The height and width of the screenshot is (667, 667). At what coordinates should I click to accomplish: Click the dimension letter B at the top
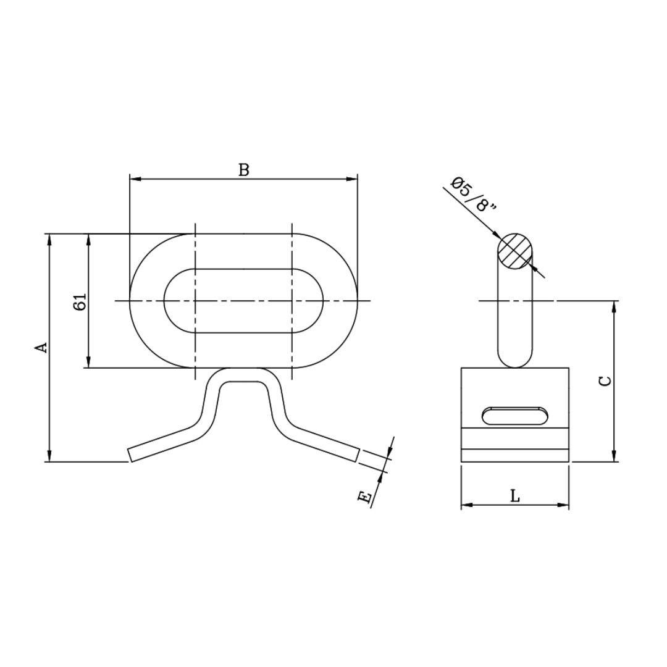point(244,170)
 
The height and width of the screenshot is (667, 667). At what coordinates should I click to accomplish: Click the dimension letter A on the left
point(41,348)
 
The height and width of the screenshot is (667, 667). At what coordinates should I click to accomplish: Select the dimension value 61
point(80,302)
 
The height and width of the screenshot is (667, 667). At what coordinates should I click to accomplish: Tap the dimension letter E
point(366,497)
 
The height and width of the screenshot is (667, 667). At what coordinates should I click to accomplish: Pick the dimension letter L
point(515,495)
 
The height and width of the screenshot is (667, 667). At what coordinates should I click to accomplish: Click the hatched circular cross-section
point(515,251)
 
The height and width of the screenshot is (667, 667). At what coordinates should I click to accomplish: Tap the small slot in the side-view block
point(514,415)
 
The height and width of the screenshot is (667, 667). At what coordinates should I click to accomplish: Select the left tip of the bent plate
point(131,455)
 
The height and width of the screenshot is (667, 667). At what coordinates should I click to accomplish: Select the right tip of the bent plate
point(356,455)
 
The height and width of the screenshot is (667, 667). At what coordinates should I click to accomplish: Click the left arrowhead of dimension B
point(135,179)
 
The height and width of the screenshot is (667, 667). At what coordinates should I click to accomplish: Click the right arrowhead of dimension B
point(353,179)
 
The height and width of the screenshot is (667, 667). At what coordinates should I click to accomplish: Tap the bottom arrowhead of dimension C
point(613,456)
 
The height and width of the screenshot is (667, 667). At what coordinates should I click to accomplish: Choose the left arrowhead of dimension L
point(466,505)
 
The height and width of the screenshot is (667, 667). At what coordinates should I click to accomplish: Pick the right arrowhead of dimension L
point(563,505)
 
